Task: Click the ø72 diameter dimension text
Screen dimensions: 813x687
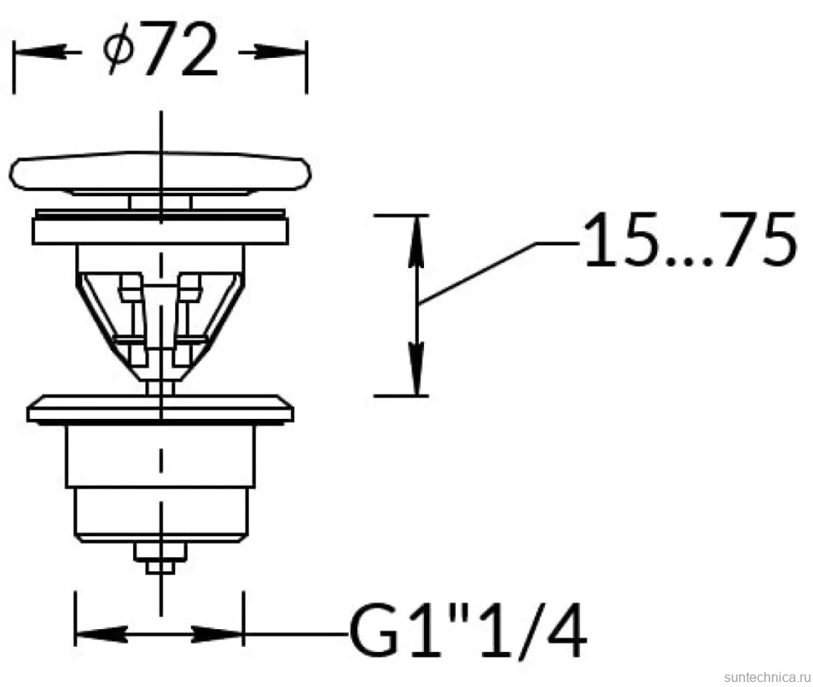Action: tap(160, 50)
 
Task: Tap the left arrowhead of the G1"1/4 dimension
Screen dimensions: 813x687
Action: tap(101, 634)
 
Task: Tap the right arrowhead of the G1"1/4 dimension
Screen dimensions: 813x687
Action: tap(218, 634)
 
